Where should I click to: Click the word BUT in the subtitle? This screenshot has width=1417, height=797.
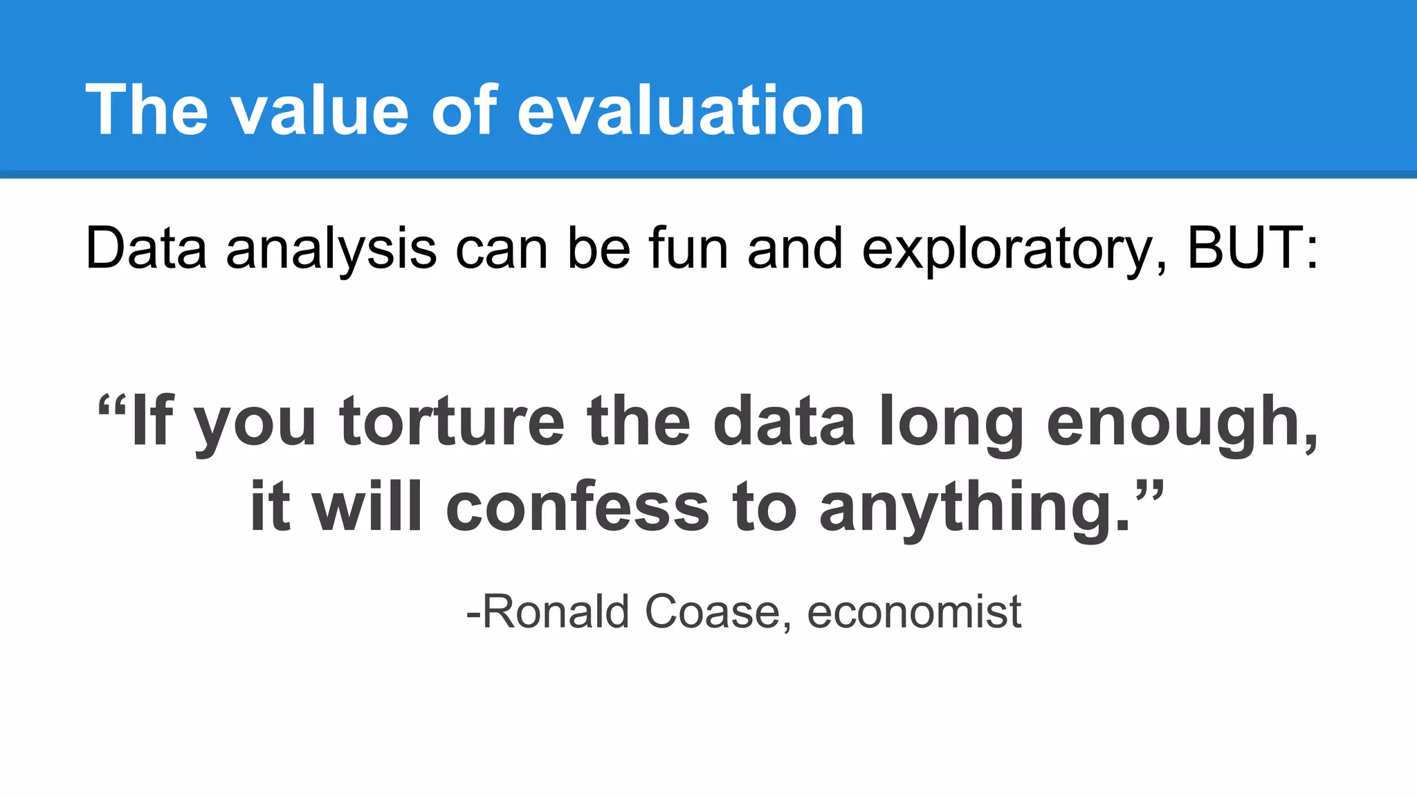(x=1245, y=248)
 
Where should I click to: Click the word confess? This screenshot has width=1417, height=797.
(x=578, y=508)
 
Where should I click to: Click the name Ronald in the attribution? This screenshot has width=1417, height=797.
(x=556, y=612)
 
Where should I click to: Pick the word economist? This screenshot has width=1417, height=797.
(x=914, y=612)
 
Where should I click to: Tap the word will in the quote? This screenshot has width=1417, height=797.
(x=367, y=508)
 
